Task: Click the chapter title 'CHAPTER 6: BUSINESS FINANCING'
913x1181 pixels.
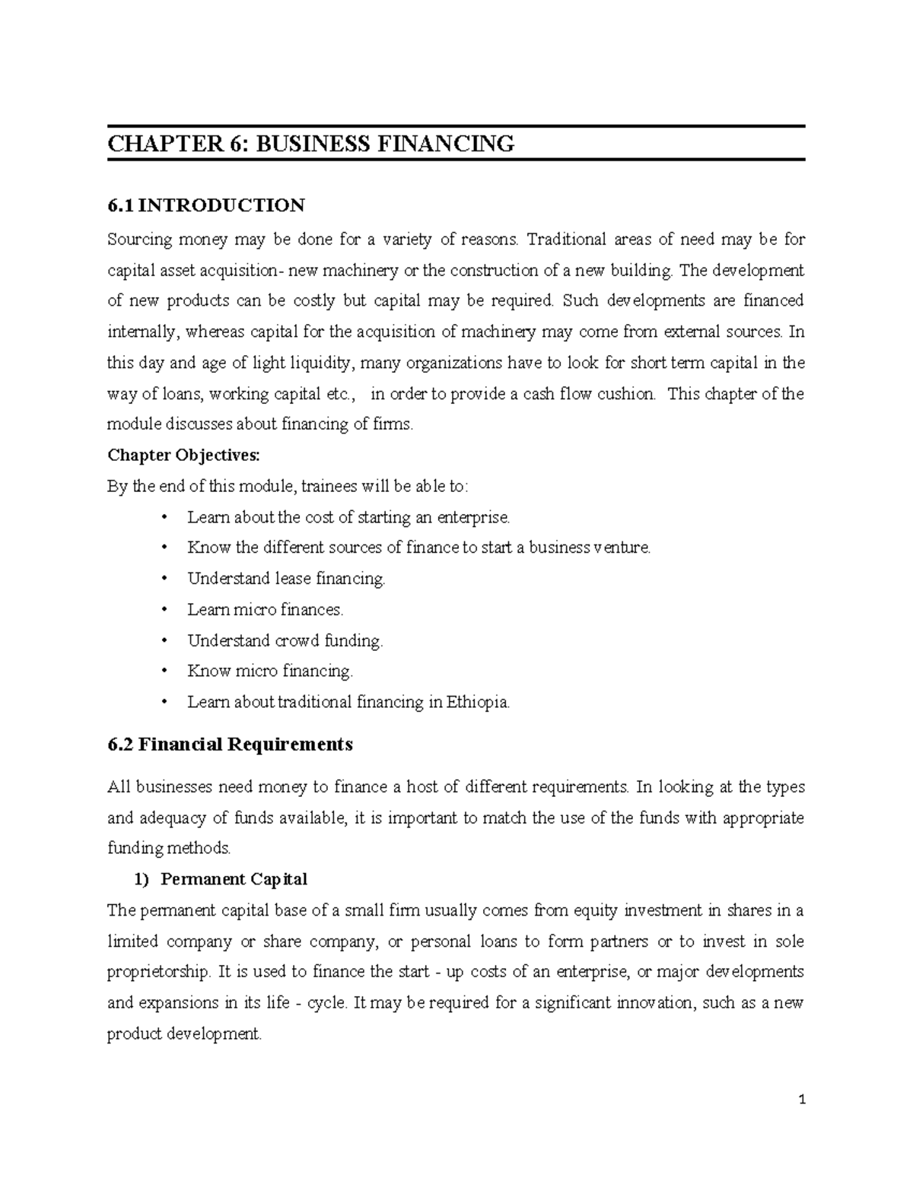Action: click(x=310, y=143)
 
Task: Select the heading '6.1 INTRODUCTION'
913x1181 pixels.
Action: click(x=206, y=205)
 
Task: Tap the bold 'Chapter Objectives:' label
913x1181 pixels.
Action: click(x=183, y=456)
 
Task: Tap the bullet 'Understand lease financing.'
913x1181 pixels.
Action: click(x=286, y=579)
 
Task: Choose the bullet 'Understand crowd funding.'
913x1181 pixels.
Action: click(x=285, y=641)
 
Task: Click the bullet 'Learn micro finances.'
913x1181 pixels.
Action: click(x=266, y=610)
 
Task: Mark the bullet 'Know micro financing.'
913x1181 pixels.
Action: click(x=270, y=671)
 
